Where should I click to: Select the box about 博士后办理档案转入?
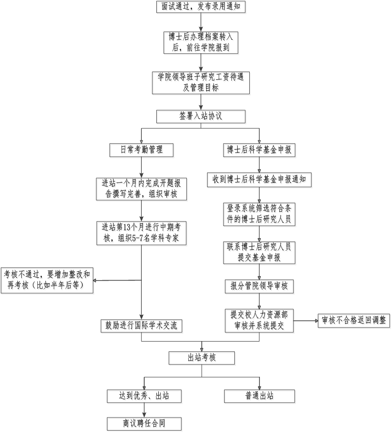pyautogui.click(x=202, y=43)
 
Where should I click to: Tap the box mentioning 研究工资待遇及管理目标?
pyautogui.click(x=202, y=83)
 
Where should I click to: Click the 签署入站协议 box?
pyautogui.click(x=201, y=117)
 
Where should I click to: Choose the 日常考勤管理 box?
pyautogui.click(x=141, y=150)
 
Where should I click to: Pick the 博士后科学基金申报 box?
pyautogui.click(x=260, y=150)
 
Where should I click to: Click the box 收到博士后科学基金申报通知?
pyautogui.click(x=260, y=181)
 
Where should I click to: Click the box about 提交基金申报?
pyautogui.click(x=260, y=253)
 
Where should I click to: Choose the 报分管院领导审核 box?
pyautogui.click(x=260, y=287)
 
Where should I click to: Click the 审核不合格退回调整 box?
pyautogui.click(x=354, y=321)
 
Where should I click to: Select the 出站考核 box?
pyautogui.click(x=202, y=358)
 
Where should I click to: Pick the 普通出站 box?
pyautogui.click(x=260, y=397)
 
